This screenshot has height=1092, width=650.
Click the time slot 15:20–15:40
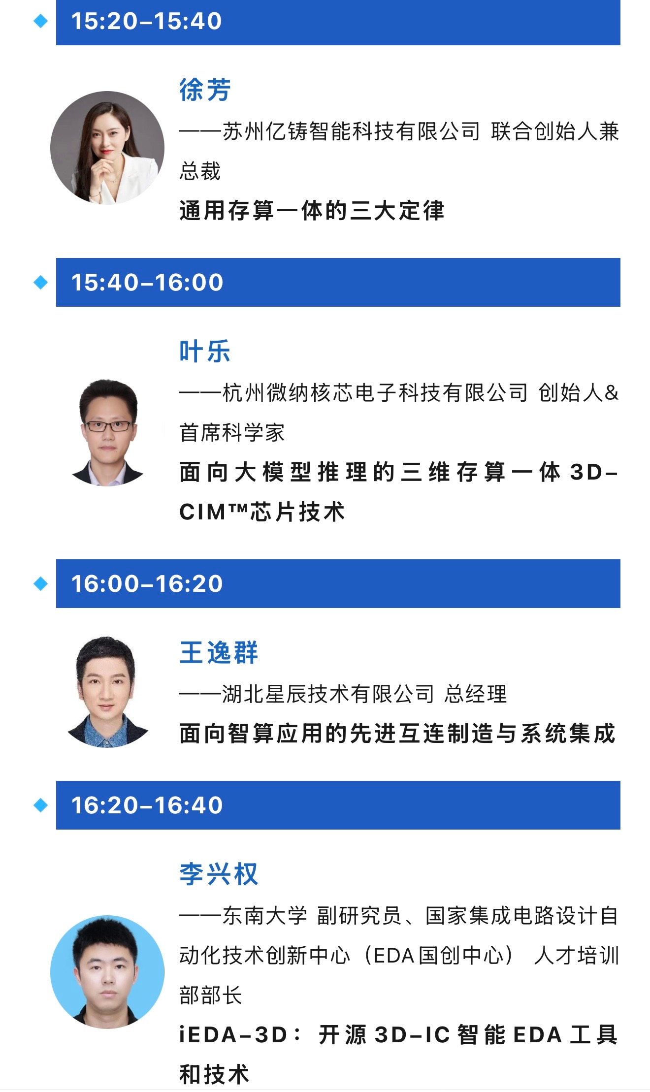[147, 21]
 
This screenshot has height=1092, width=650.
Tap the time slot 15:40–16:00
[147, 283]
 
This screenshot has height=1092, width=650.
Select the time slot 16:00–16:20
[147, 584]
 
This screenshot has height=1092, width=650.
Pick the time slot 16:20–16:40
[147, 805]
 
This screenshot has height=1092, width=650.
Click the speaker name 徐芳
[205, 90]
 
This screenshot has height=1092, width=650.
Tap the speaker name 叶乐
[205, 352]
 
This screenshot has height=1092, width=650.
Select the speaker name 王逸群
[219, 653]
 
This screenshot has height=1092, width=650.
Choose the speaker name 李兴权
[219, 874]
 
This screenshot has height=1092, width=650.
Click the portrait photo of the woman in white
[107, 148]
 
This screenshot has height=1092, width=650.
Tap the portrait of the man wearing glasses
[108, 432]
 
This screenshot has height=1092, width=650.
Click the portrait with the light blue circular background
[107, 972]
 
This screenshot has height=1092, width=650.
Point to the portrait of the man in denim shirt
[107, 692]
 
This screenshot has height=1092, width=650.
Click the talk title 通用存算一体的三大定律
[312, 211]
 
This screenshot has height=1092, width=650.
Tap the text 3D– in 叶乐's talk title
[594, 472]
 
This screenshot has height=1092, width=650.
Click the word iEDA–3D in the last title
[233, 1035]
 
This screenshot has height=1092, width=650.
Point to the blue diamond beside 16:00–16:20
[40, 584]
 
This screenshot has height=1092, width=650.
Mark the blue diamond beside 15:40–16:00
[40, 283]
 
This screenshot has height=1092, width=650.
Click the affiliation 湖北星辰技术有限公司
[328, 694]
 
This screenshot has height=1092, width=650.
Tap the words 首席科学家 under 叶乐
[232, 433]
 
